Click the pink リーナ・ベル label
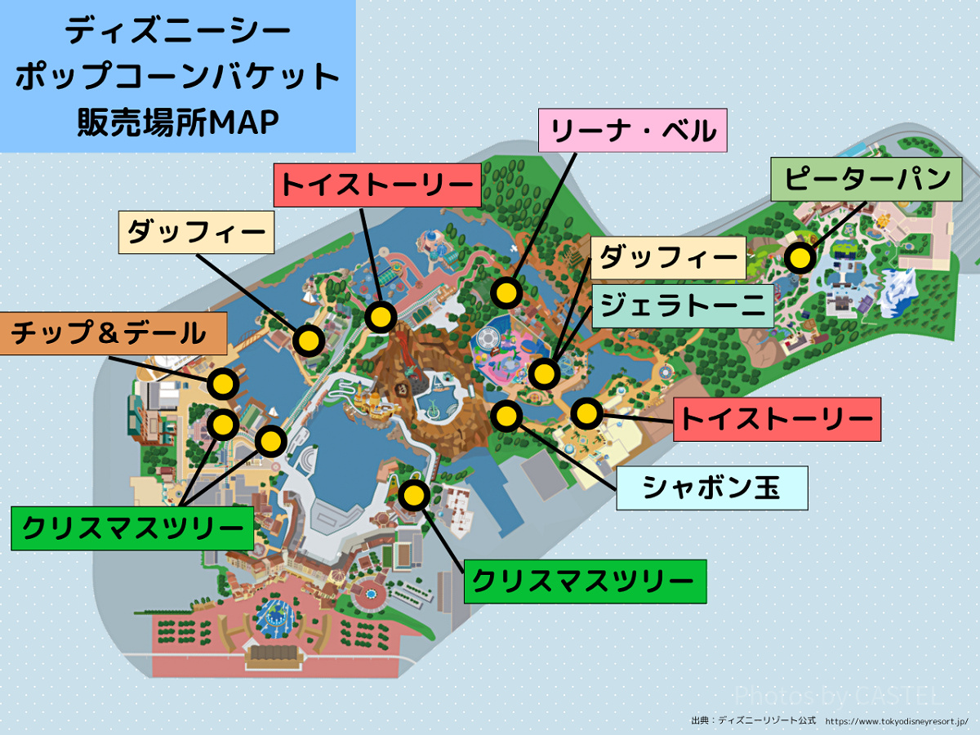click(634, 131)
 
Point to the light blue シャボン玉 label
click(712, 488)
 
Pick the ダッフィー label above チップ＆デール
click(196, 233)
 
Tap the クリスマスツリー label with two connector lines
click(131, 528)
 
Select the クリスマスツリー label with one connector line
click(585, 581)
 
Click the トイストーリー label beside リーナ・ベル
click(376, 185)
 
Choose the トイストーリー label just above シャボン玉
click(777, 419)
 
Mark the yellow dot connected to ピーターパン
click(800, 259)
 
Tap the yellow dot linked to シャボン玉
click(507, 416)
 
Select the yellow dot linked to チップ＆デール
click(223, 383)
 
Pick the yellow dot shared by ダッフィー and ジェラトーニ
click(544, 374)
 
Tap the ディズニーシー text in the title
click(178, 32)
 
